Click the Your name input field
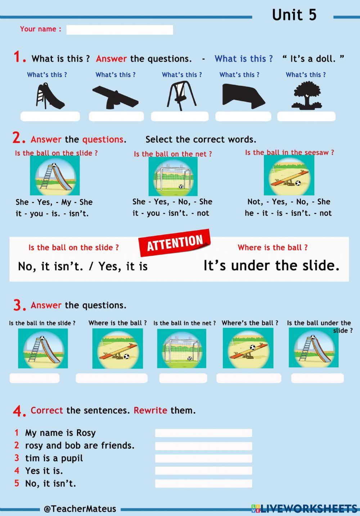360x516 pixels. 120,30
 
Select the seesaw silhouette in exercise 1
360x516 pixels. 116,97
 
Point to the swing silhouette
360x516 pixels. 181,96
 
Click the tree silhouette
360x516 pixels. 307,96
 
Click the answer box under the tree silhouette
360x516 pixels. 306,116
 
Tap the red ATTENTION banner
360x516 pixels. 175,243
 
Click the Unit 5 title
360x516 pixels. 294,15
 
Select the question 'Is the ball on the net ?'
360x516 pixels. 173,154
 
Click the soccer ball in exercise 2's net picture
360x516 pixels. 181,186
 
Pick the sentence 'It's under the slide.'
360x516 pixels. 271,266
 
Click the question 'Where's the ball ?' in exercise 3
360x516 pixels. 250,323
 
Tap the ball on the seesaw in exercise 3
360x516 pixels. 252,347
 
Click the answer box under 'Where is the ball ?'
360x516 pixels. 112,378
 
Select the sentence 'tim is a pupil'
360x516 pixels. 54,458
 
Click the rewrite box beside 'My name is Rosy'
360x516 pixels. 203,433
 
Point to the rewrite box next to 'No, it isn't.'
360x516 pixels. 203,483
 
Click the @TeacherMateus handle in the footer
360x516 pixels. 80,509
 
